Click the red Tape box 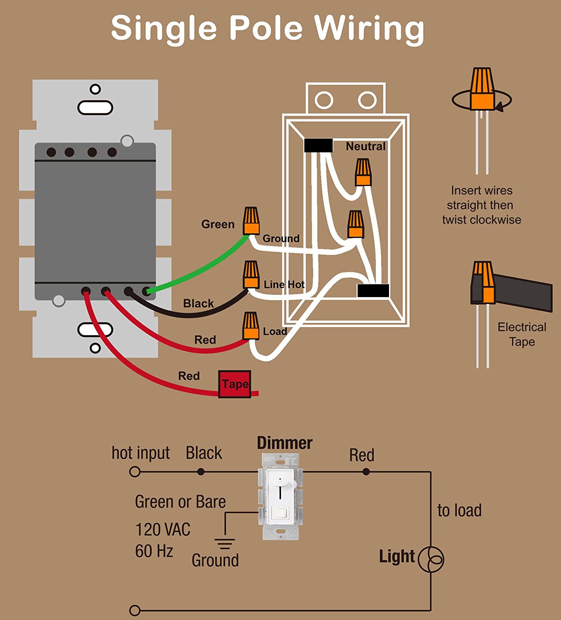point(234,384)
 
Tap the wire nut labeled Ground point(251,221)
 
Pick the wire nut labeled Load point(251,326)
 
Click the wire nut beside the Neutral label point(363,172)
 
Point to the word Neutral point(365,146)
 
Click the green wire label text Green point(217,224)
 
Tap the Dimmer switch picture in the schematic point(281,496)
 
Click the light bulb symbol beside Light point(431,559)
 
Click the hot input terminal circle point(135,472)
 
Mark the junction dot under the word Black point(201,472)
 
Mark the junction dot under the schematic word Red point(366,472)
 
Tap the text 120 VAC point(163,529)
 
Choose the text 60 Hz point(154,551)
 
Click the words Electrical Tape point(522,334)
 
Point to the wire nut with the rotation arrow point(482,89)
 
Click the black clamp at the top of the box point(318,145)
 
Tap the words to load point(459,510)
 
